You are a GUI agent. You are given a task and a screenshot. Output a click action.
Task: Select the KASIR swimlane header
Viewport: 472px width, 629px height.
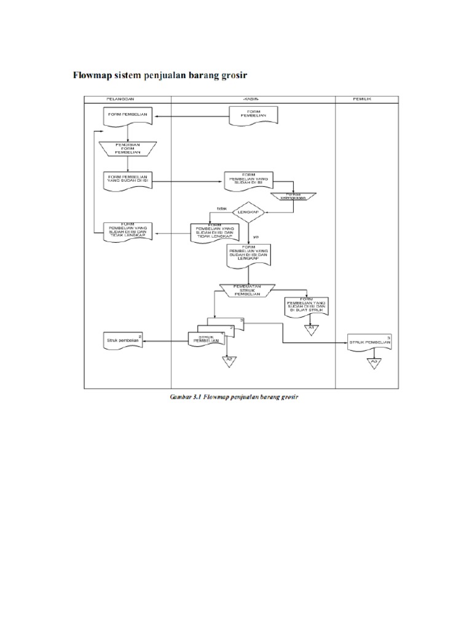(x=253, y=100)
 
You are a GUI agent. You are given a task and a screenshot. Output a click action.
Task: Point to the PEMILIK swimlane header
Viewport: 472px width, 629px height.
(x=361, y=100)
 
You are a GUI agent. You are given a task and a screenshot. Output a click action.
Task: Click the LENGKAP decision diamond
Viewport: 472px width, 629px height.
(x=250, y=213)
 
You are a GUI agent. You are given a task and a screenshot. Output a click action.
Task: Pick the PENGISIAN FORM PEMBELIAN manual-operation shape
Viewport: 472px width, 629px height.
(x=128, y=147)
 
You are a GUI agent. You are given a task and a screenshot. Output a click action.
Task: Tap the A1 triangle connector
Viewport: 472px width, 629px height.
(x=311, y=330)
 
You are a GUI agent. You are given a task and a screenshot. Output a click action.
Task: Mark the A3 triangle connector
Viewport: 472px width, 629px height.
(x=374, y=362)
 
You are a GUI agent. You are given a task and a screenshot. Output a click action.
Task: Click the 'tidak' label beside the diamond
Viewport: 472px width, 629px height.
(x=222, y=209)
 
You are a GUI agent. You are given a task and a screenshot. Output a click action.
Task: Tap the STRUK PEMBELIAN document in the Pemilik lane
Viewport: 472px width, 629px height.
(x=370, y=342)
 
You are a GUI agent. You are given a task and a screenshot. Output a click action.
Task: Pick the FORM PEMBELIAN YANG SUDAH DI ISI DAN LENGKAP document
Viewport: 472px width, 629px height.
(x=250, y=253)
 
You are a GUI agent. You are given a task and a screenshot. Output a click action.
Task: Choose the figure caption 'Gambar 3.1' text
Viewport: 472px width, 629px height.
(x=187, y=397)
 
